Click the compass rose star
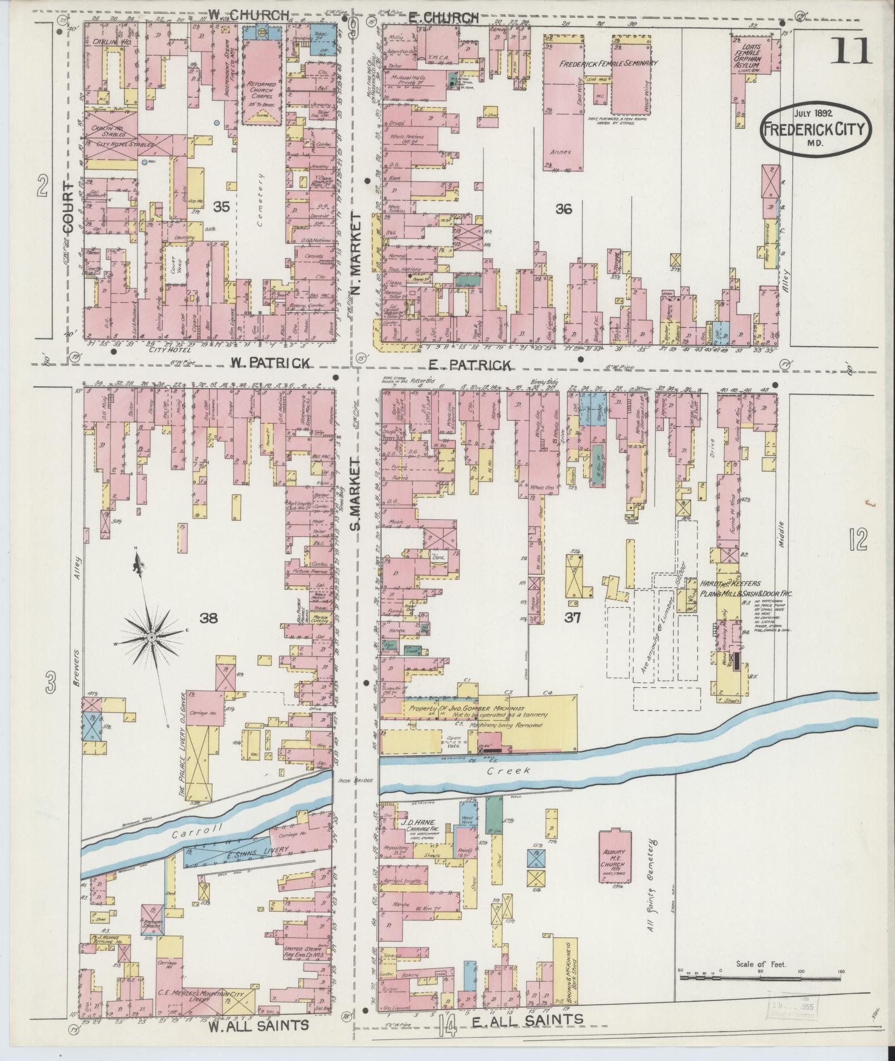[150, 638]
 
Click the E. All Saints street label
[532, 1019]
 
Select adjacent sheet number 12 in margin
[857, 539]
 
